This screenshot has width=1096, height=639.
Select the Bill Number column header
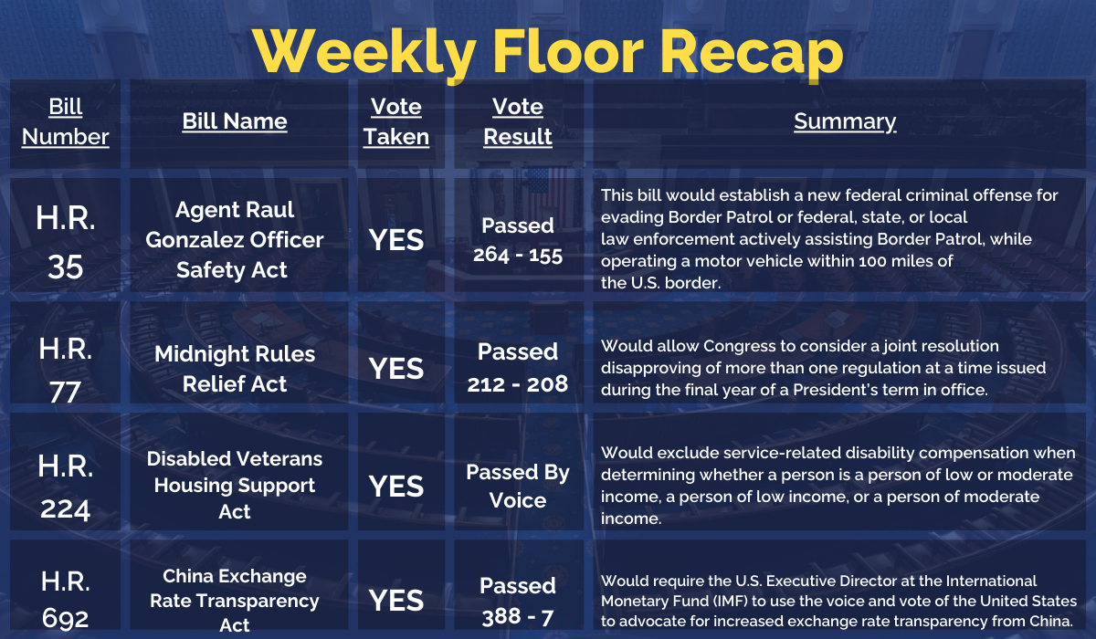65,121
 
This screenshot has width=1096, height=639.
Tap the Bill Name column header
235,121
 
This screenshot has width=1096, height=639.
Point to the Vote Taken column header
396,121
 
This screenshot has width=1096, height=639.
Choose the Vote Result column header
518,121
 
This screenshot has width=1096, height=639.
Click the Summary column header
845,121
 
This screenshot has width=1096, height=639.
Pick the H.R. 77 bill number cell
65,370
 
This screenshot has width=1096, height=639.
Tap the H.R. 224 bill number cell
65,487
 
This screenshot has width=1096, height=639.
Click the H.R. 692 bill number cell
65,600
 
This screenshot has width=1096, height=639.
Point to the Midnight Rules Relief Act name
235,369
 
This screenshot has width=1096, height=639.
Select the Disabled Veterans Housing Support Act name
235,485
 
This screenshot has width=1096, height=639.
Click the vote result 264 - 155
518,256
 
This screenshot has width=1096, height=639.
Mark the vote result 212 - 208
518,384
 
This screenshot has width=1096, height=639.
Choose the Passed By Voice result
518,486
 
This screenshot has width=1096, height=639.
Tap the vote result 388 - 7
518,617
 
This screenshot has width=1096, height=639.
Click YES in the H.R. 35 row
396,240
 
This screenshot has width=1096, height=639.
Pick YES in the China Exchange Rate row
396,601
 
